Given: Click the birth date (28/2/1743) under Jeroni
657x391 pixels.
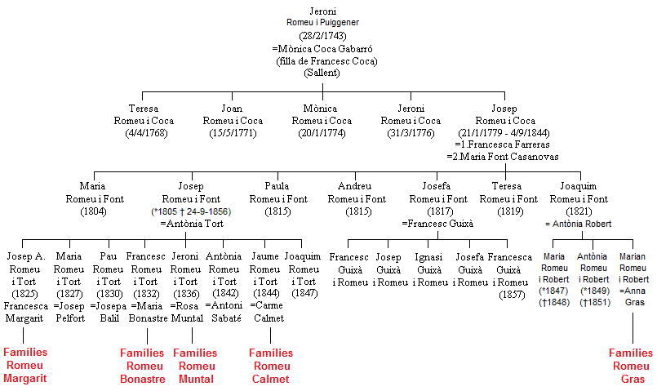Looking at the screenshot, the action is pos(322,36).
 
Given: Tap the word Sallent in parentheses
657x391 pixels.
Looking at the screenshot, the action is pos(322,73).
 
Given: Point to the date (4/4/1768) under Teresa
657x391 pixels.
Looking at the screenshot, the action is pos(146,133).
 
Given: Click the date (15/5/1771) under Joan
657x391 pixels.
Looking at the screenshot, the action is pos(233,133).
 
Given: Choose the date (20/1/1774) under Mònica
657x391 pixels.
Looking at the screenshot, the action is pos(322,133).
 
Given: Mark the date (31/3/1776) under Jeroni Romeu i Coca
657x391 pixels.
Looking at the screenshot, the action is pos(411,133).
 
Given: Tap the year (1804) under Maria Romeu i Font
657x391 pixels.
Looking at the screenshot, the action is pos(93,211).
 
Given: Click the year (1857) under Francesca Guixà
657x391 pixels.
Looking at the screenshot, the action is pos(512,295).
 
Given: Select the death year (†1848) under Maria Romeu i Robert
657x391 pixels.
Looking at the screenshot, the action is pos(554,302).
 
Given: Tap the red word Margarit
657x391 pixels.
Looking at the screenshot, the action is pos(25,379).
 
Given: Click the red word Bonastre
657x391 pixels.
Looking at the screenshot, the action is pos(143,380).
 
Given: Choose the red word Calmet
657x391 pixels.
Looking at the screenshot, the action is pos(271,380).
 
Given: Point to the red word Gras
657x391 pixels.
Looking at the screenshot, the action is pos(633,380).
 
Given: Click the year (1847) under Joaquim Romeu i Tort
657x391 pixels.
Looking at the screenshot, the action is pos(304,293).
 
